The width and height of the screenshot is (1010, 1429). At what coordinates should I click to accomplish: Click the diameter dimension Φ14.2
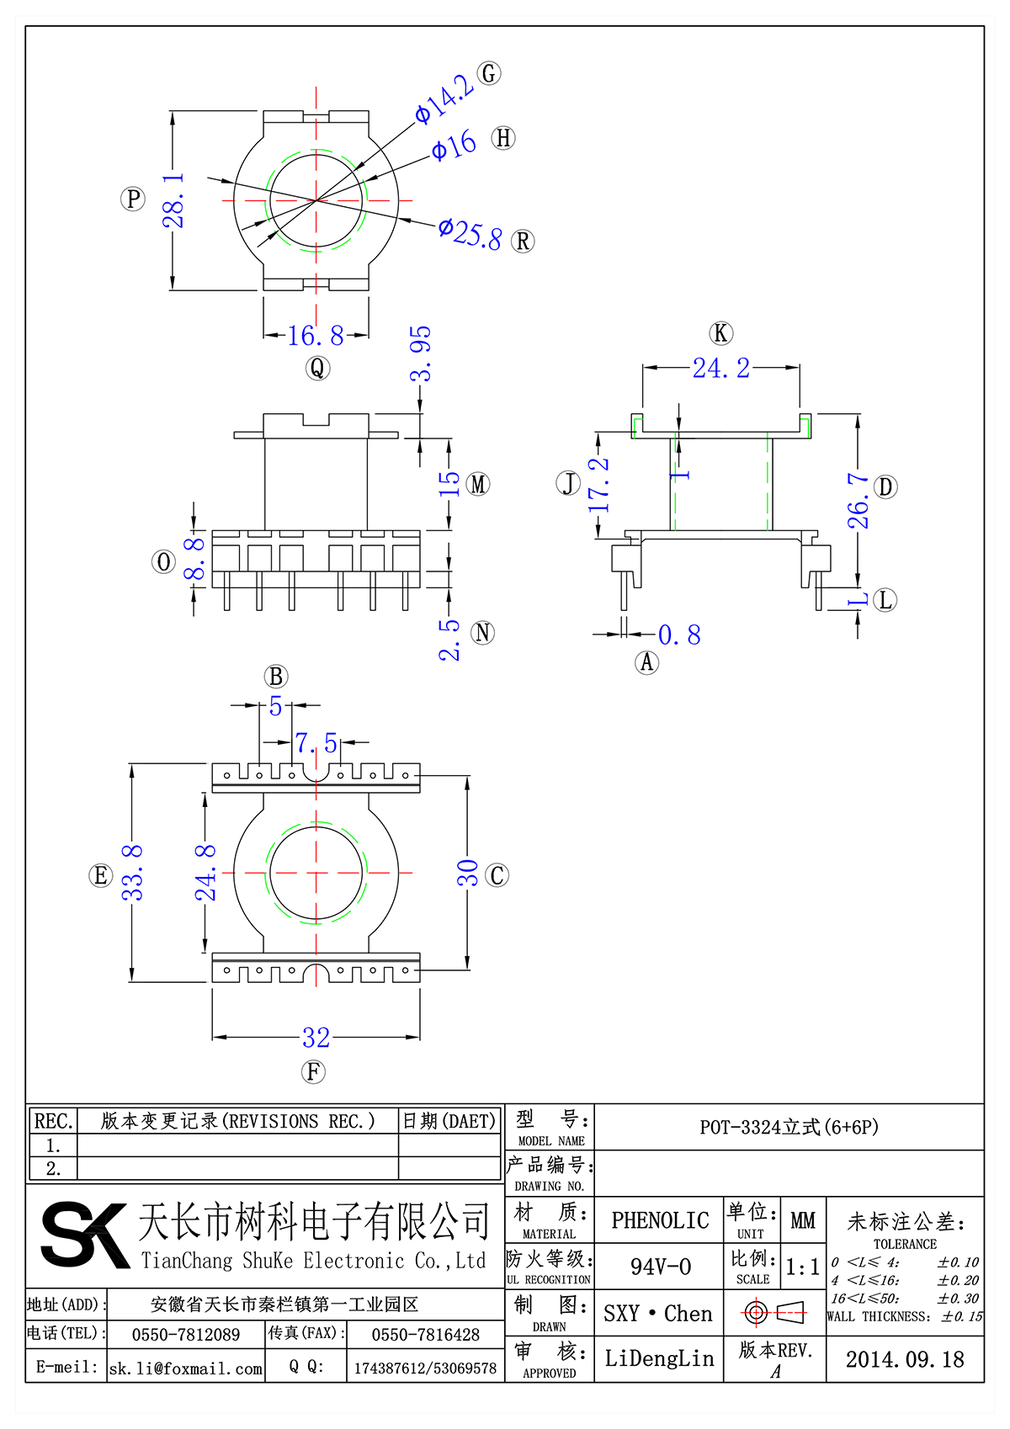click(x=444, y=99)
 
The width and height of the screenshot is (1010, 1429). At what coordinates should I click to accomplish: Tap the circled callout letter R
click(x=523, y=242)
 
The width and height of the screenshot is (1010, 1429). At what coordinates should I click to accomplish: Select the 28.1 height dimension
click(x=173, y=201)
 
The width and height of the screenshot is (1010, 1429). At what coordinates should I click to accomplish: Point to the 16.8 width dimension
click(x=316, y=336)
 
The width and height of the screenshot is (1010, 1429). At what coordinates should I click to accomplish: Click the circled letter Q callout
click(x=317, y=368)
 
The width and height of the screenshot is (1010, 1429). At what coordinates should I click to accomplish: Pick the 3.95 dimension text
click(x=420, y=353)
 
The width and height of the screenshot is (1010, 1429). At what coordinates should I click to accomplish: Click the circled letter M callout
click(x=478, y=484)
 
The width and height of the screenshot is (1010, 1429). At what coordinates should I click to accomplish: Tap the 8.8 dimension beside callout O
click(x=194, y=559)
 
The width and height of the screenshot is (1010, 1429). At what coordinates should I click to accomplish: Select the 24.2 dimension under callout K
click(x=720, y=368)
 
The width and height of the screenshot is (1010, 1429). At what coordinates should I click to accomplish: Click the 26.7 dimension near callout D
click(x=858, y=501)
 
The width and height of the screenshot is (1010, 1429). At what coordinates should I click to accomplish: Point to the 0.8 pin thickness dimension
click(x=679, y=635)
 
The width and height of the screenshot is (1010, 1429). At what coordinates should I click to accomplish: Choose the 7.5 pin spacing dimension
click(x=316, y=743)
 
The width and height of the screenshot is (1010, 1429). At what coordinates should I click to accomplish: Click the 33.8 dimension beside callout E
click(x=133, y=873)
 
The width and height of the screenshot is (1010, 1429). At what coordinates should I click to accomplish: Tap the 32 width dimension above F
click(x=316, y=1038)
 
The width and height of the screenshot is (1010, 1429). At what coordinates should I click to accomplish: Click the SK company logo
click(x=84, y=1235)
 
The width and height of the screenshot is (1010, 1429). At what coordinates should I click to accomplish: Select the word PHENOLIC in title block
click(x=660, y=1220)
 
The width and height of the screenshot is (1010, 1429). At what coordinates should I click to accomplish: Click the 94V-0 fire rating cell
click(x=660, y=1267)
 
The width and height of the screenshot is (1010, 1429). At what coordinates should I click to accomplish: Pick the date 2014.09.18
click(x=904, y=1359)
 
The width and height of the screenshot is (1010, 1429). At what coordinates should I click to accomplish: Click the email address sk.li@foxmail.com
click(x=186, y=1368)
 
